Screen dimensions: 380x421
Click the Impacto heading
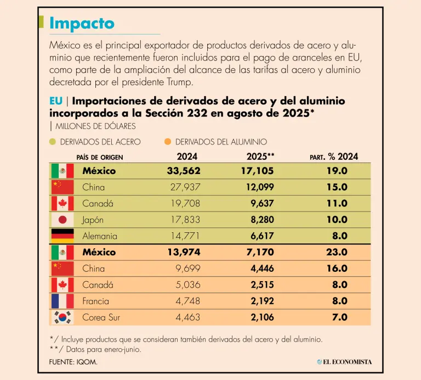(x=82, y=24)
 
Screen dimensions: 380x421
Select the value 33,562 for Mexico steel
(x=184, y=171)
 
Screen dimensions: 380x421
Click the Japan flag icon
(x=62, y=220)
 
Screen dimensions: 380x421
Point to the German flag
(x=62, y=236)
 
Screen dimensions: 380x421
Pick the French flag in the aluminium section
(x=62, y=301)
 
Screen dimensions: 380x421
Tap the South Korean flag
(x=62, y=317)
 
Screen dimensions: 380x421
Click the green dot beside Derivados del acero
(x=53, y=142)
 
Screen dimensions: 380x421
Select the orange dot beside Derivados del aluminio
(x=168, y=142)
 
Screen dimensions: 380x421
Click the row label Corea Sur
(x=101, y=317)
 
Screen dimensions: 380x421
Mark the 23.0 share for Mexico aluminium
(x=337, y=252)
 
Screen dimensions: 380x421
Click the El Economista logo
(x=344, y=361)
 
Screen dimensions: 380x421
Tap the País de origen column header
(x=100, y=158)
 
